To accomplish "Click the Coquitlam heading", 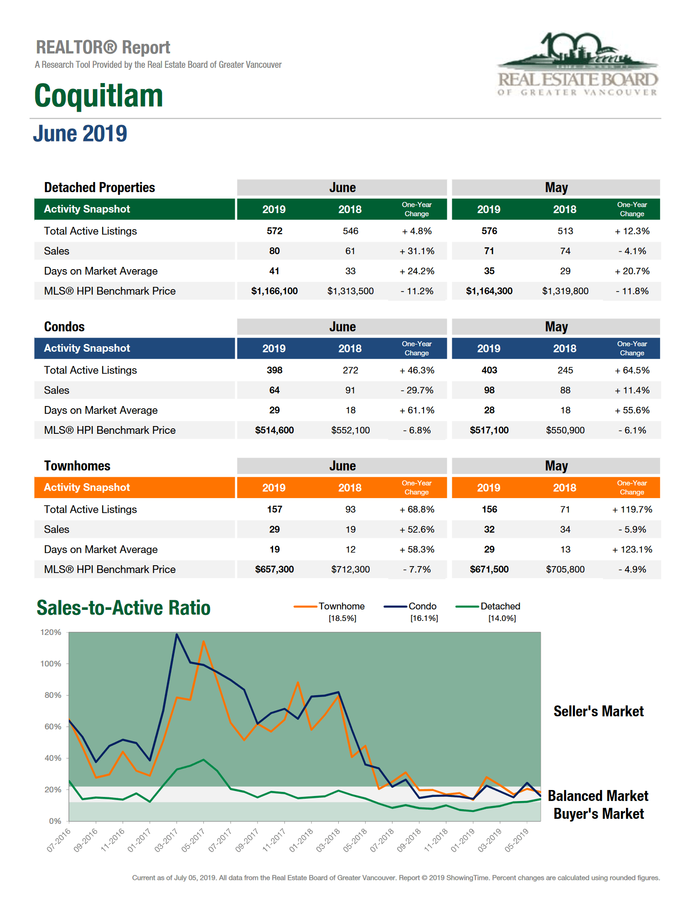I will (98, 96).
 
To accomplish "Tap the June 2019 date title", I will (80, 134).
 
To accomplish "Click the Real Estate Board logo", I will (578, 64).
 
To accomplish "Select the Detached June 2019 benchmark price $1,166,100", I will (274, 291).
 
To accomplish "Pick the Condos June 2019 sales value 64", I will (274, 390).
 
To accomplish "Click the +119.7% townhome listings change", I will (632, 510).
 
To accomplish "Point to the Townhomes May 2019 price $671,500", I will (489, 569).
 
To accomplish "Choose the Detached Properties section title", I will (99, 187).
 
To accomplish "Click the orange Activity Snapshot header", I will (87, 487).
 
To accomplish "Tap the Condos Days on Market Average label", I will (101, 410).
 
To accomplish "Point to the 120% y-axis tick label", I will (51, 632).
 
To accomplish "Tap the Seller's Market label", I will (598, 711).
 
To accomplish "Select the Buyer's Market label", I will (598, 814).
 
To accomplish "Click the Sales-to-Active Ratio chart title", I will (123, 608).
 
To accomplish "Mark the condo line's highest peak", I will (177, 634).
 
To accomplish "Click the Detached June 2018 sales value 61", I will (350, 251).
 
